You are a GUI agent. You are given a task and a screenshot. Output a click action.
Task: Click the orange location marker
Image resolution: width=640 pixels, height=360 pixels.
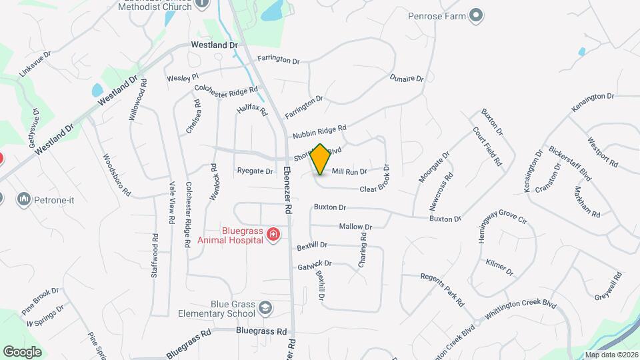[x=321, y=159]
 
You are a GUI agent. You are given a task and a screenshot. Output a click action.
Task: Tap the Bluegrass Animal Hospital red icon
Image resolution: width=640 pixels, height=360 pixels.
[x=273, y=234]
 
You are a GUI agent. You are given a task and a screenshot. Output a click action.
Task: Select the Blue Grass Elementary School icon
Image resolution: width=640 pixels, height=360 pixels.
[x=266, y=307]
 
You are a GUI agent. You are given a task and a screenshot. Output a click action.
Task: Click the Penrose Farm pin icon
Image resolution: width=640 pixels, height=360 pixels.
[x=475, y=15]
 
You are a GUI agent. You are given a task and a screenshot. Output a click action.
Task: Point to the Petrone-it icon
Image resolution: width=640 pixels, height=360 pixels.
[x=24, y=199]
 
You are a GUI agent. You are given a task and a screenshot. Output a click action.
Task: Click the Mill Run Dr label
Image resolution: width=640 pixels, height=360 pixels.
[x=349, y=172]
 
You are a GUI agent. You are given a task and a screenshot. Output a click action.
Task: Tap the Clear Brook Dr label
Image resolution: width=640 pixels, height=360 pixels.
[x=375, y=181]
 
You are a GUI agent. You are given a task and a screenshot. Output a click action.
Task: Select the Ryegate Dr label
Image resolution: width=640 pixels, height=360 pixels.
[x=255, y=171]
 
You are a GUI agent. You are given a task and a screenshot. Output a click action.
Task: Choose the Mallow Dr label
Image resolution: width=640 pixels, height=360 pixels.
[x=355, y=227]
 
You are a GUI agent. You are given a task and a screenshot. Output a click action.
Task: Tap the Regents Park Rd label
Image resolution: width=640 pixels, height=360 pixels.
[x=441, y=289]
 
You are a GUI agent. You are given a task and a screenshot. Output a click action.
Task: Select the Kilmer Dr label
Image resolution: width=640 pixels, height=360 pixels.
[x=500, y=268]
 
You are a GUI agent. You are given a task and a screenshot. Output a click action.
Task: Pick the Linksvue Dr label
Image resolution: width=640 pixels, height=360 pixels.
[x=35, y=64]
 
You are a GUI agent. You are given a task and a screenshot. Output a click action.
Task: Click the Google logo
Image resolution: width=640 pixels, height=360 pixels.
[x=22, y=351]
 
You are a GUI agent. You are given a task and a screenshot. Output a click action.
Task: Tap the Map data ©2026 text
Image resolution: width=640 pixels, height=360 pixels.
[x=610, y=355]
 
